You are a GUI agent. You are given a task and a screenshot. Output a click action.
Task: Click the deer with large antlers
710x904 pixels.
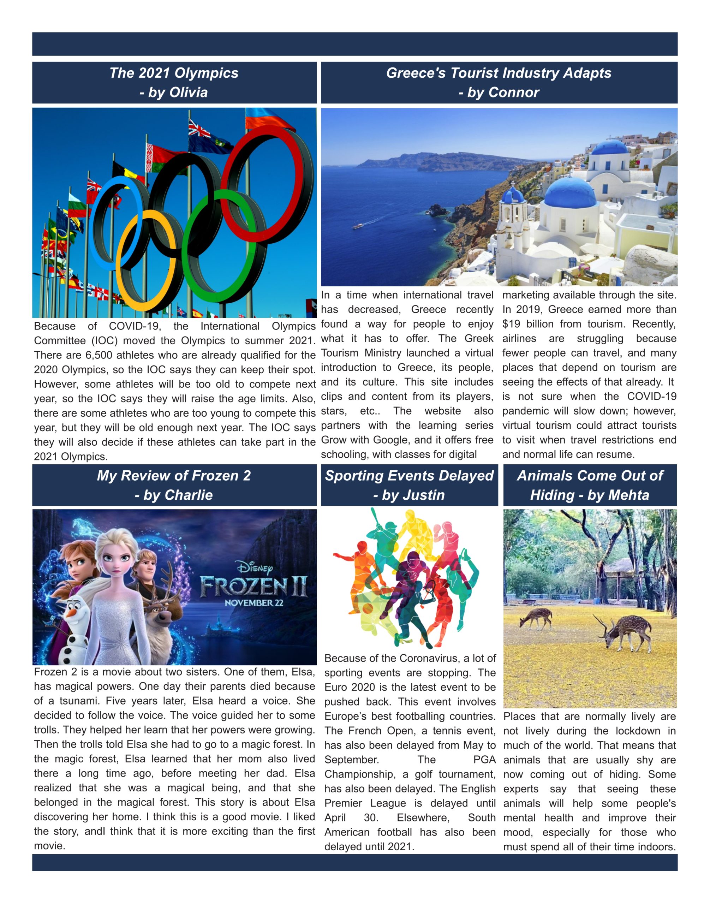pos(624,632)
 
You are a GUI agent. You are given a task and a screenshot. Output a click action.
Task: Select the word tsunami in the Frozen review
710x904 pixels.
pos(78,701)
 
